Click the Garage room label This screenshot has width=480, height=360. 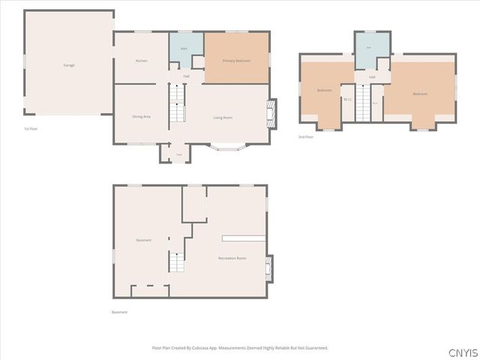[68, 65]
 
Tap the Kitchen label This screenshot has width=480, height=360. [141, 61]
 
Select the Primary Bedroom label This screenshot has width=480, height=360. [236, 60]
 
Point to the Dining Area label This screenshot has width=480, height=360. [141, 117]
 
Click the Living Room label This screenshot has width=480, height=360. [223, 118]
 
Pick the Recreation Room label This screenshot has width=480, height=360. [232, 258]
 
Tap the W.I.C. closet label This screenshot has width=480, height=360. [348, 98]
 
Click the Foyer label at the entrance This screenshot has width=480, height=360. [178, 155]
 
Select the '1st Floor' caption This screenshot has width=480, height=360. [31, 129]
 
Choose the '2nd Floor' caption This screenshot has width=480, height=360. [305, 137]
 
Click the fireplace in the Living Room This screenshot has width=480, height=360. [271, 112]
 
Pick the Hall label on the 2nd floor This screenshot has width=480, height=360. [371, 77]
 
